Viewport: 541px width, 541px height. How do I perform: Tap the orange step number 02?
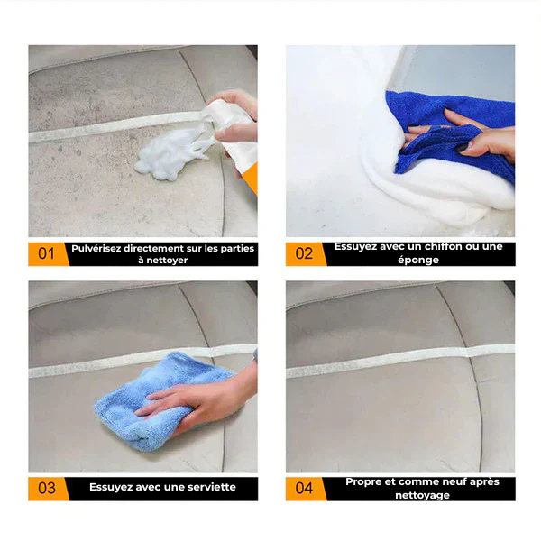point(305,253)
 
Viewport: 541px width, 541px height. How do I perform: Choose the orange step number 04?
point(305,488)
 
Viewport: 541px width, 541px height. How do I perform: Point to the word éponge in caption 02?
point(418,260)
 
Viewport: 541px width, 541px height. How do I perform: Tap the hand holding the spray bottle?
point(236,113)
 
